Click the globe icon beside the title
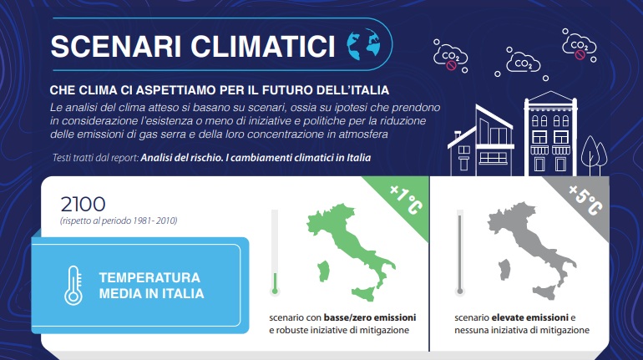(363, 44)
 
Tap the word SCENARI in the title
(116, 46)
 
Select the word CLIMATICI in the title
(263, 46)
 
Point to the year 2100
(84, 204)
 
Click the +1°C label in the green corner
(406, 200)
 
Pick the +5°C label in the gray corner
(585, 200)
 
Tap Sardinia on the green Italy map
(323, 271)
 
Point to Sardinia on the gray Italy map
(504, 270)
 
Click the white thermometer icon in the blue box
(73, 286)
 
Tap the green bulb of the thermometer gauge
(275, 292)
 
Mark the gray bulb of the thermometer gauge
(459, 292)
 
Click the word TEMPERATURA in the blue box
(149, 277)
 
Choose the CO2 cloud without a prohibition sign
(523, 63)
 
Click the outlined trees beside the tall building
(595, 156)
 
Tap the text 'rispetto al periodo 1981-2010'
(119, 221)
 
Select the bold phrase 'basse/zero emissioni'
(370, 317)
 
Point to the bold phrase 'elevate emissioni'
(529, 317)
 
